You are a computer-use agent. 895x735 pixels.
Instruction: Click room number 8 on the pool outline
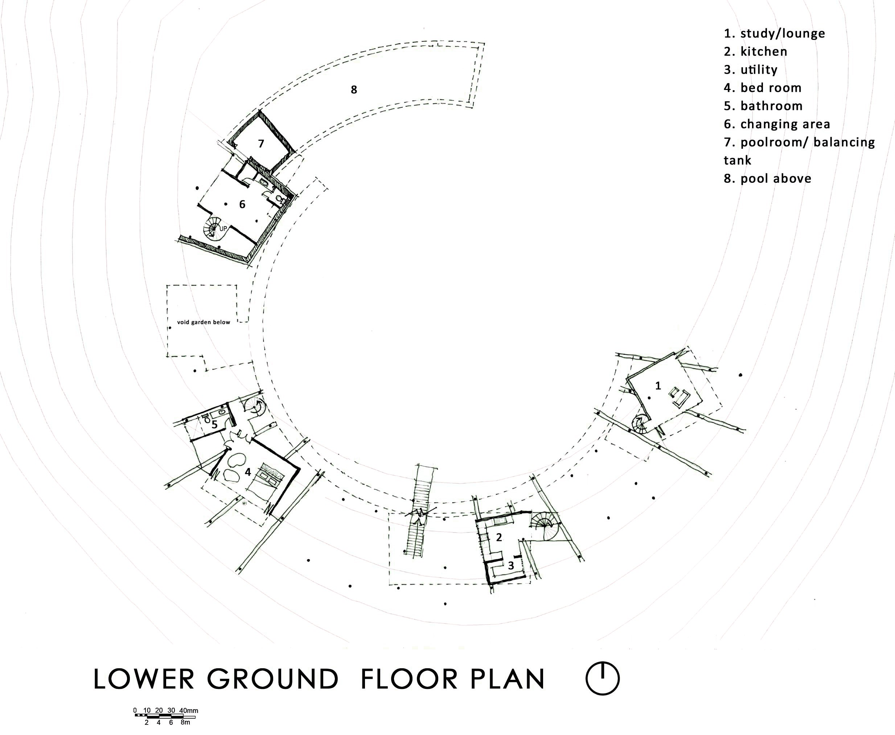pyautogui.click(x=353, y=90)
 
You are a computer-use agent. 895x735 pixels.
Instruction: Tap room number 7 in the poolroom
pyautogui.click(x=261, y=144)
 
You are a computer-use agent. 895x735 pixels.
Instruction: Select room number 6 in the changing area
pyautogui.click(x=242, y=205)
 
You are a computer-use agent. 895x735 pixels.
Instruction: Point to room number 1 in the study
pyautogui.click(x=657, y=386)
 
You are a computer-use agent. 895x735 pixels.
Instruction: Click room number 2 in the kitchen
pyautogui.click(x=499, y=537)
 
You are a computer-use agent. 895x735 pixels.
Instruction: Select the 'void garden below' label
pyautogui.click(x=204, y=322)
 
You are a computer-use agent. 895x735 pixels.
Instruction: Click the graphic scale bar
pyautogui.click(x=165, y=715)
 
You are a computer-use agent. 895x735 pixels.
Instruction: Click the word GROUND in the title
pyautogui.click(x=273, y=679)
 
